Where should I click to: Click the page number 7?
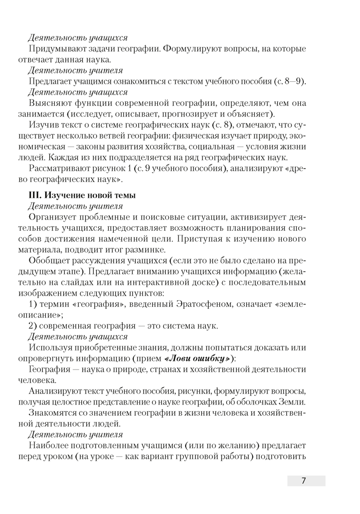[x=303, y=481]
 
